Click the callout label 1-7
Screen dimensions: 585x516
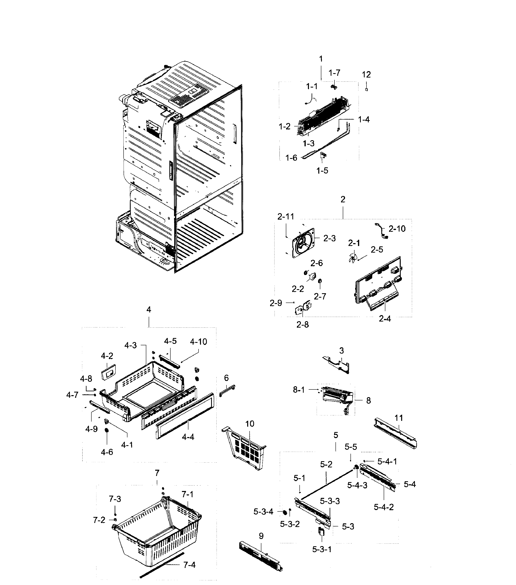[334, 73]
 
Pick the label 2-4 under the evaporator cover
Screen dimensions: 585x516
[385, 319]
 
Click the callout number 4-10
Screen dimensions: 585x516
[198, 341]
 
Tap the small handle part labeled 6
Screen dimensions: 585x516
[227, 391]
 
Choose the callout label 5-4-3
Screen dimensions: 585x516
[357, 485]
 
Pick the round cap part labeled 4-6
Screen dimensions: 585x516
[107, 431]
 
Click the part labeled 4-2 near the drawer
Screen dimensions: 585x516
[108, 372]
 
